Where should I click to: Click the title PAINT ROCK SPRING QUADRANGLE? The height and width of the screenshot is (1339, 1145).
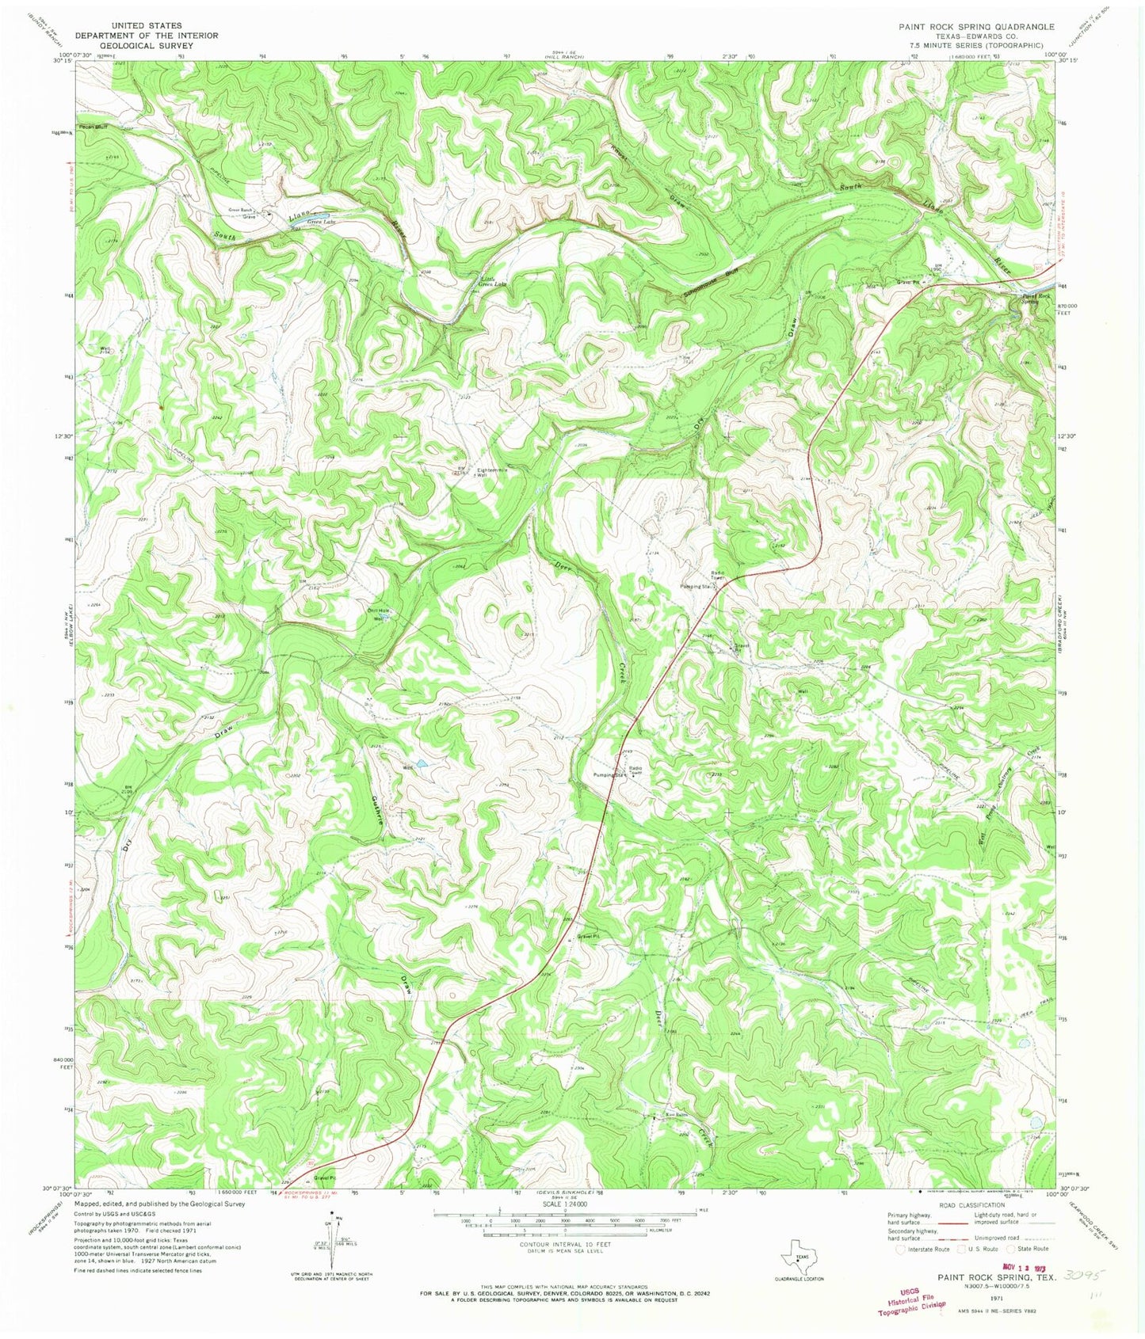point(976,26)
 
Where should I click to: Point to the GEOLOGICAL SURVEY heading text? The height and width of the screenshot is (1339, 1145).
point(147,46)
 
